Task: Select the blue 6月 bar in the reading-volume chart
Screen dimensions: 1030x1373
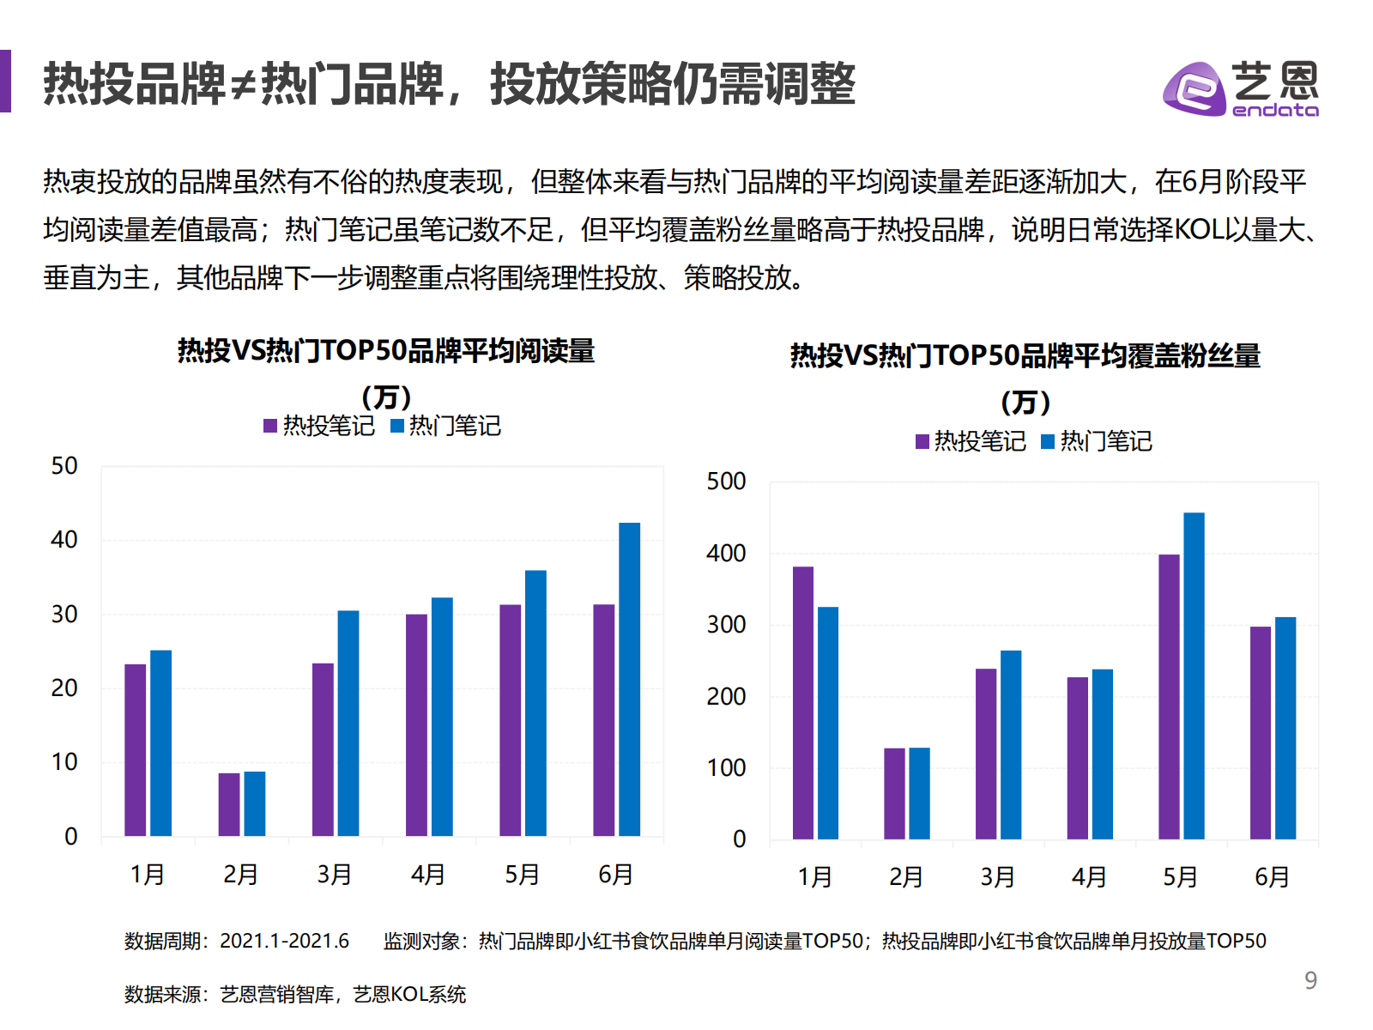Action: point(629,679)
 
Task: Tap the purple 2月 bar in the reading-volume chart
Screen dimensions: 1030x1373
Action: point(229,804)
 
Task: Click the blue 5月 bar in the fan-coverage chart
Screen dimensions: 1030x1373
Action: point(1194,676)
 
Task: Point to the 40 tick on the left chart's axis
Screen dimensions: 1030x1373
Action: point(64,540)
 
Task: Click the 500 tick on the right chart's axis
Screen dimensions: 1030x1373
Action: point(726,482)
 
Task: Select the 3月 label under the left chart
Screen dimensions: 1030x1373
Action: point(334,875)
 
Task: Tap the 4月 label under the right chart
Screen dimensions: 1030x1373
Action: point(1088,877)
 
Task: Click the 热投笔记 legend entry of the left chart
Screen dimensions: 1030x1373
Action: point(319,426)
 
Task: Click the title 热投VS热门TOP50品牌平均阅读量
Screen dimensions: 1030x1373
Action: point(386,351)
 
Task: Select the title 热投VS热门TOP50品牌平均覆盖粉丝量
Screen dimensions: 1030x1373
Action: point(1025,355)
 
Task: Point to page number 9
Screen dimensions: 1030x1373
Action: point(1310,980)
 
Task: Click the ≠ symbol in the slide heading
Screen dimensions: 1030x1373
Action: point(244,85)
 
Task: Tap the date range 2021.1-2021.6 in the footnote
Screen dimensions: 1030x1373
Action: point(284,941)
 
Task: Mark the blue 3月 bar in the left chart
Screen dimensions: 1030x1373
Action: point(348,723)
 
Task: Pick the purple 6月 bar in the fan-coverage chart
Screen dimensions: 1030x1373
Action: point(1260,732)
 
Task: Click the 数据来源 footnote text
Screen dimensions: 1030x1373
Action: point(163,994)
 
